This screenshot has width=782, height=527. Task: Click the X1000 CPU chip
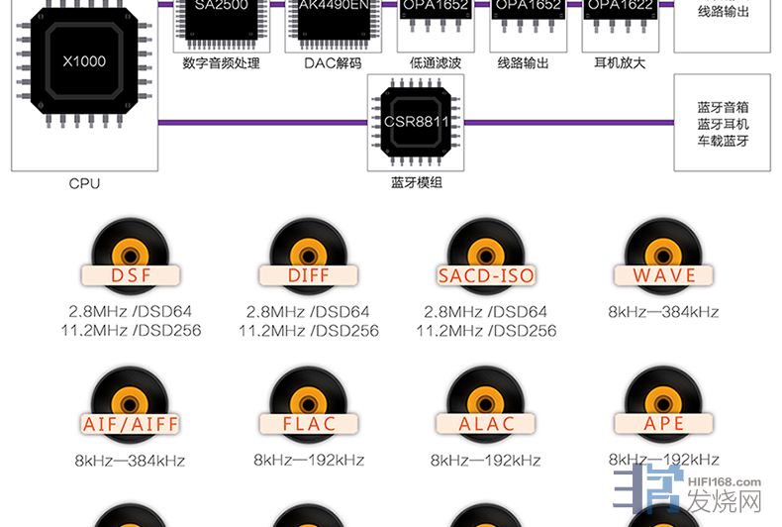click(x=83, y=62)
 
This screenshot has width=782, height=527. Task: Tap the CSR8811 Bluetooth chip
click(x=416, y=124)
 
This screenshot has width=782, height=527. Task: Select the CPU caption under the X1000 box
click(x=84, y=183)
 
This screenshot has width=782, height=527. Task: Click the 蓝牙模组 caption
click(x=417, y=183)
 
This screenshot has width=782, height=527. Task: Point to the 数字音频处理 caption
click(x=221, y=63)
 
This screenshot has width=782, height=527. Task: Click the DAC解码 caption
click(x=333, y=63)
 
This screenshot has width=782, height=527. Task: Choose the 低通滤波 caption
click(x=436, y=63)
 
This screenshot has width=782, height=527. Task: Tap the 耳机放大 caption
click(x=620, y=63)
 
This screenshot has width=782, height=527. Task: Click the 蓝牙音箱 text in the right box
click(x=723, y=107)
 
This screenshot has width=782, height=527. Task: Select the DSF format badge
click(x=131, y=275)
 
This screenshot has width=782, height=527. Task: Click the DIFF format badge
click(x=308, y=275)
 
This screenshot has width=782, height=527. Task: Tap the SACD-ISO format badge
click(x=486, y=275)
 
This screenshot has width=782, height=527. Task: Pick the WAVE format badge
click(x=663, y=275)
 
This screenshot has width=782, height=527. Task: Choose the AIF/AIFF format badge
click(x=131, y=424)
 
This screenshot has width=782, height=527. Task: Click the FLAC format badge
click(x=308, y=424)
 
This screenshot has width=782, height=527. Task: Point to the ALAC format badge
click(x=486, y=424)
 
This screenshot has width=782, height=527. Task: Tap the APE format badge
click(x=663, y=424)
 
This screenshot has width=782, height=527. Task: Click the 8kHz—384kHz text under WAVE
click(x=663, y=312)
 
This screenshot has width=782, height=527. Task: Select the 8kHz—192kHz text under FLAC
click(x=309, y=461)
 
